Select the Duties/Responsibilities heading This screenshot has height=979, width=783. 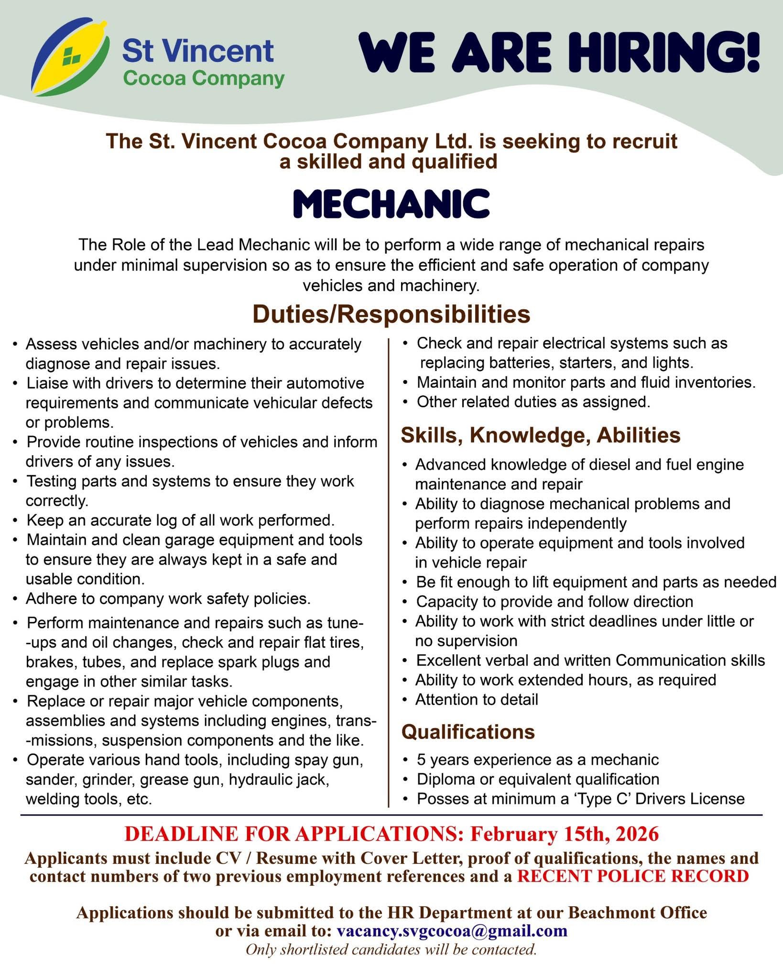tap(391, 314)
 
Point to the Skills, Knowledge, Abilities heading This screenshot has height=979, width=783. tap(541, 435)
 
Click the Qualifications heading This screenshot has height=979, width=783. tap(468, 731)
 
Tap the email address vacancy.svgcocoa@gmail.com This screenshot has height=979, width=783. tap(452, 931)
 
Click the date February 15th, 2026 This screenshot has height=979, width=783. tap(565, 834)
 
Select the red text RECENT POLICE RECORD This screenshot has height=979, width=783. tap(633, 876)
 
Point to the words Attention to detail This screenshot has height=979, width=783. tap(477, 699)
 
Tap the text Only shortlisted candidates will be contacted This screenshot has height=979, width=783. tap(391, 949)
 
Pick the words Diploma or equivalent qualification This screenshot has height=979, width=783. tap(538, 779)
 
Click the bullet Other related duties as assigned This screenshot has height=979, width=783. tap(533, 402)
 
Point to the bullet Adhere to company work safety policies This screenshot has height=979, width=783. tap(168, 598)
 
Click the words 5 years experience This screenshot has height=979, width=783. tap(483, 760)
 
